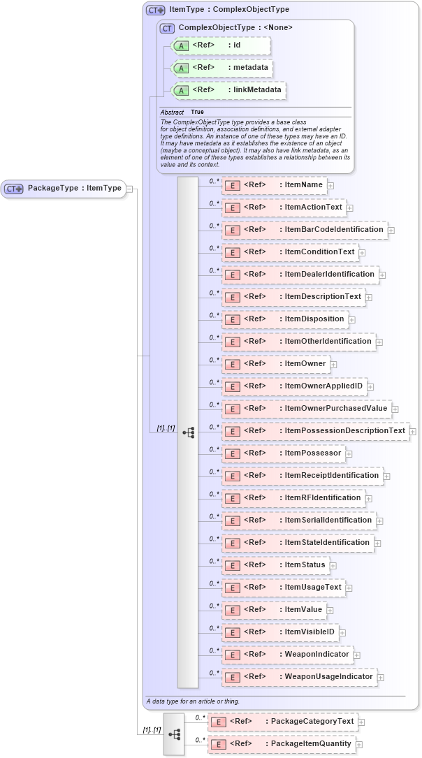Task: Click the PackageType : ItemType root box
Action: pos(64,188)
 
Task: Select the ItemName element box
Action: pos(273,184)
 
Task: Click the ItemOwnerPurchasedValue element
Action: pos(306,408)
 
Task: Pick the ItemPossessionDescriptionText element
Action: pos(315,430)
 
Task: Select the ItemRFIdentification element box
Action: pos(293,497)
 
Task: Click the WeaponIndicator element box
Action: pos(286,654)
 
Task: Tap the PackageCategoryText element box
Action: pos(282,721)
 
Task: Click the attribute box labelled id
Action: pos(217,45)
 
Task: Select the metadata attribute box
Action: pos(221,68)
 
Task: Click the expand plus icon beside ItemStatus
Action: pos(333,565)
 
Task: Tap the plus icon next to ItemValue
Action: pos(330,610)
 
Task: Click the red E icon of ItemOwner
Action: pos(232,364)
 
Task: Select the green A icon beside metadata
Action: pos(181,68)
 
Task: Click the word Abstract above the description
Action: pos(172,112)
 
